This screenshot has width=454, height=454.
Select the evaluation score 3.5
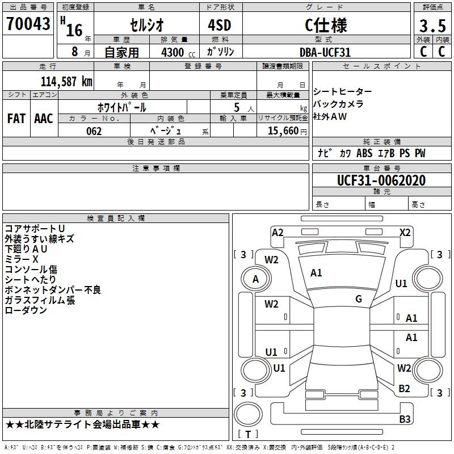[x=432, y=26]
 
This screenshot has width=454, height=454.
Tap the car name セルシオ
[x=146, y=25]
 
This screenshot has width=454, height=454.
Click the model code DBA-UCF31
[x=325, y=52]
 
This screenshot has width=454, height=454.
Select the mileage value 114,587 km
[x=66, y=81]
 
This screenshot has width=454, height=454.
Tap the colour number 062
[x=94, y=131]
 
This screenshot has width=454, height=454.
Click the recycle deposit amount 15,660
[x=282, y=131]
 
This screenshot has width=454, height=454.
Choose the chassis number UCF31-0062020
[x=381, y=181]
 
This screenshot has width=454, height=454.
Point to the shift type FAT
[x=16, y=119]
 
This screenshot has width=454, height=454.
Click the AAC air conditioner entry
[x=43, y=119]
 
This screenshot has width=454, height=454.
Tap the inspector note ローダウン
[x=26, y=310]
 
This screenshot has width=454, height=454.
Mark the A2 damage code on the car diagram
[x=278, y=232]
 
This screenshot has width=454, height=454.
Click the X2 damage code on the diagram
[x=405, y=232]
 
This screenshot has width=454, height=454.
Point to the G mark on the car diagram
[x=359, y=299]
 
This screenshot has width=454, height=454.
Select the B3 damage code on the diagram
[x=405, y=419]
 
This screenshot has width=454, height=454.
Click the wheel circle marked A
[x=255, y=279]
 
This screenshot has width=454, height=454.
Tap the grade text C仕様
[x=326, y=25]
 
